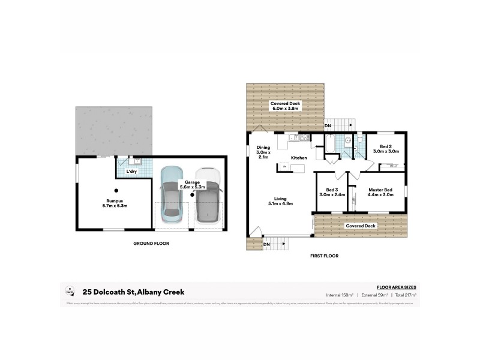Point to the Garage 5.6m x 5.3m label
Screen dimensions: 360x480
[x=192, y=184]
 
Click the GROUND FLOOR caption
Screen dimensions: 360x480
[x=151, y=244]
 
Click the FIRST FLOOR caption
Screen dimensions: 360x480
[x=324, y=256]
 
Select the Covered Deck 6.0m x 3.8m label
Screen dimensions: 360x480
[x=285, y=106]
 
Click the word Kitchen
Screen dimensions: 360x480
[x=299, y=158]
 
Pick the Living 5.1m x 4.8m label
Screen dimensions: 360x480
[x=280, y=201]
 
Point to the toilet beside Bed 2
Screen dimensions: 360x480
[x=358, y=142]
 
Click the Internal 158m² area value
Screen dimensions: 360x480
[x=340, y=295]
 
